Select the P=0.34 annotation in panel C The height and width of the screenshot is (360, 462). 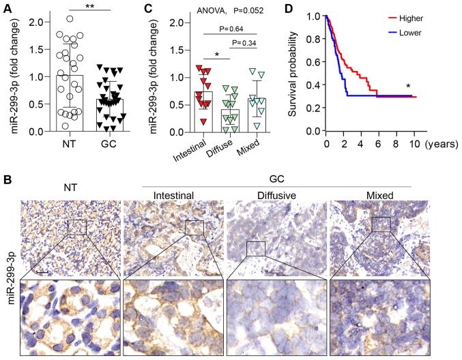pyautogui.click(x=250, y=44)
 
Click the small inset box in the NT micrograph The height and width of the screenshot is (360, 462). pyautogui.click(x=76, y=226)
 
